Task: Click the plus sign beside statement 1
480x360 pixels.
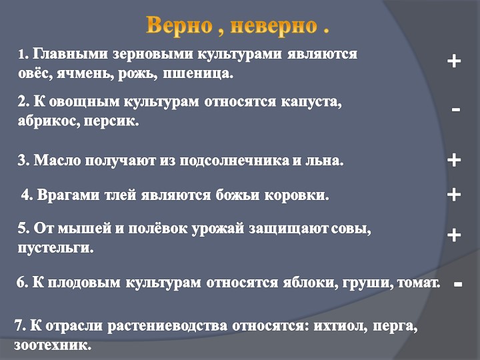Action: [454, 61]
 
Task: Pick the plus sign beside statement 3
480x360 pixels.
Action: [454, 160]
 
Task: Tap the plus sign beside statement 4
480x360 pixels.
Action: [454, 194]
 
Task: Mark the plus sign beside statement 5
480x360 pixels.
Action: [454, 235]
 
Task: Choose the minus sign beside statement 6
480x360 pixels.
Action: [457, 284]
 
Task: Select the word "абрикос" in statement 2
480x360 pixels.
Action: [43, 122]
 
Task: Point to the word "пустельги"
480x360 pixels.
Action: [55, 249]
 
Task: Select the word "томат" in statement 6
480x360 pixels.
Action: [419, 283]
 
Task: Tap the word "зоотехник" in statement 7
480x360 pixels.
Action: [51, 346]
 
